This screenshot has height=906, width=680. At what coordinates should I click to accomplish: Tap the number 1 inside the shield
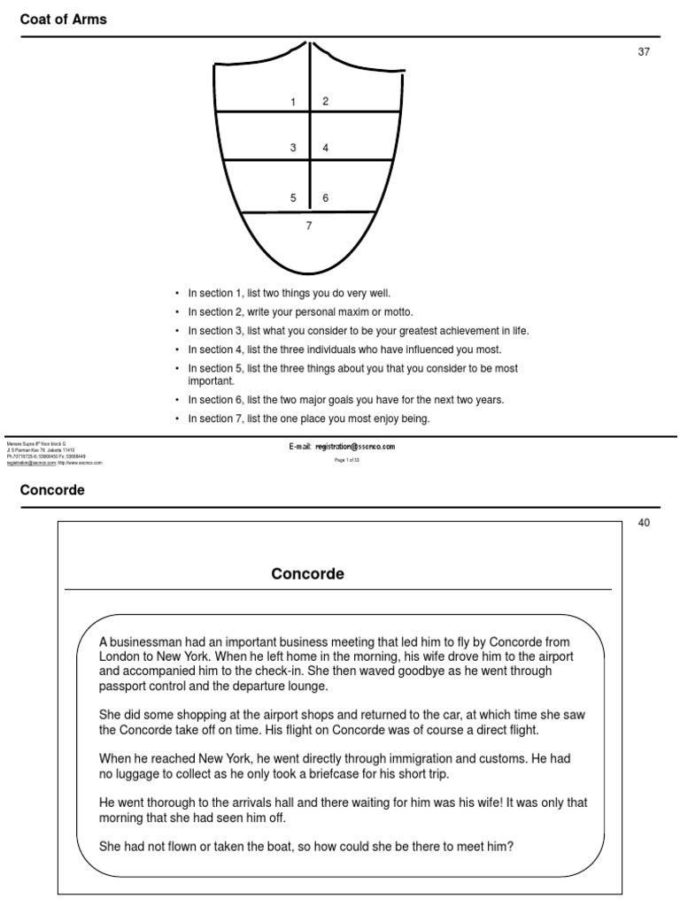click(x=293, y=103)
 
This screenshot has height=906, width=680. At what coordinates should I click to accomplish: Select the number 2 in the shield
click(x=325, y=102)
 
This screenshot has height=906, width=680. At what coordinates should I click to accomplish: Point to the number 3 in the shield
click(x=293, y=148)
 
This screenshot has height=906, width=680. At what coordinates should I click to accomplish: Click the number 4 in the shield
click(x=326, y=148)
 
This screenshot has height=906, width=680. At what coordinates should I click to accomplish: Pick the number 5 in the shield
click(x=293, y=198)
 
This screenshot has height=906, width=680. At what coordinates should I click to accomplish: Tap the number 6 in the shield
click(x=326, y=198)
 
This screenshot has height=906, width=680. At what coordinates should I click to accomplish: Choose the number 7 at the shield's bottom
click(x=309, y=226)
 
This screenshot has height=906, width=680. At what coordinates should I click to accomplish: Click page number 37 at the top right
click(x=644, y=52)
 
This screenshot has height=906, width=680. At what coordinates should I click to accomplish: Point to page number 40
click(x=644, y=523)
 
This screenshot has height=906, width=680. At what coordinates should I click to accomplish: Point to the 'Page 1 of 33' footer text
click(x=346, y=460)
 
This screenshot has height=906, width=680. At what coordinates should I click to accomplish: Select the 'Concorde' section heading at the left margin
click(x=52, y=490)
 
